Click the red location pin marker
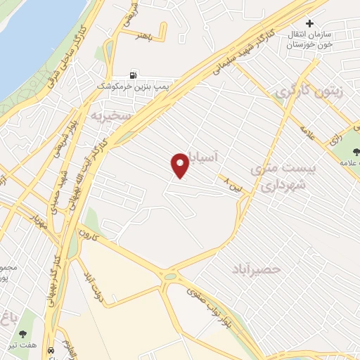181,165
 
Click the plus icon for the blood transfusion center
310,23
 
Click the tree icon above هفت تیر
25,335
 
